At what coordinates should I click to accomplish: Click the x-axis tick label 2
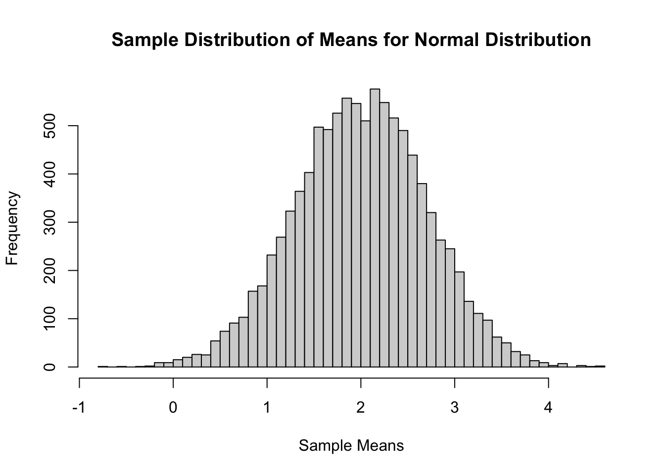[x=361, y=408]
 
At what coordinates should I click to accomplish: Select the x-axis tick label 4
[x=548, y=408]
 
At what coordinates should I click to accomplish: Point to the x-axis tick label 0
[x=173, y=408]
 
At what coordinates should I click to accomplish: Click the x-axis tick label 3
[x=455, y=408]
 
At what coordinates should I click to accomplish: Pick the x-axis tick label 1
[x=267, y=408]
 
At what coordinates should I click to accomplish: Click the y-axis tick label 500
[x=49, y=126]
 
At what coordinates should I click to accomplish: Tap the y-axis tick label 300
[x=49, y=223]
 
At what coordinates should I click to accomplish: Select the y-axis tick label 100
[x=49, y=319]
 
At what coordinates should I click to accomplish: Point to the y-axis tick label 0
[x=49, y=367]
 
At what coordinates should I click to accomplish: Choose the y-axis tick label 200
[x=49, y=271]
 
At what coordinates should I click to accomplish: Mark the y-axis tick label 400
[x=49, y=174]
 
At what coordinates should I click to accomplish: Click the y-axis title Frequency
[x=12, y=228]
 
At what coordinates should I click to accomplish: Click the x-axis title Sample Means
[x=351, y=446]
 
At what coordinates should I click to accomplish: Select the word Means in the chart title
[x=348, y=40]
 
